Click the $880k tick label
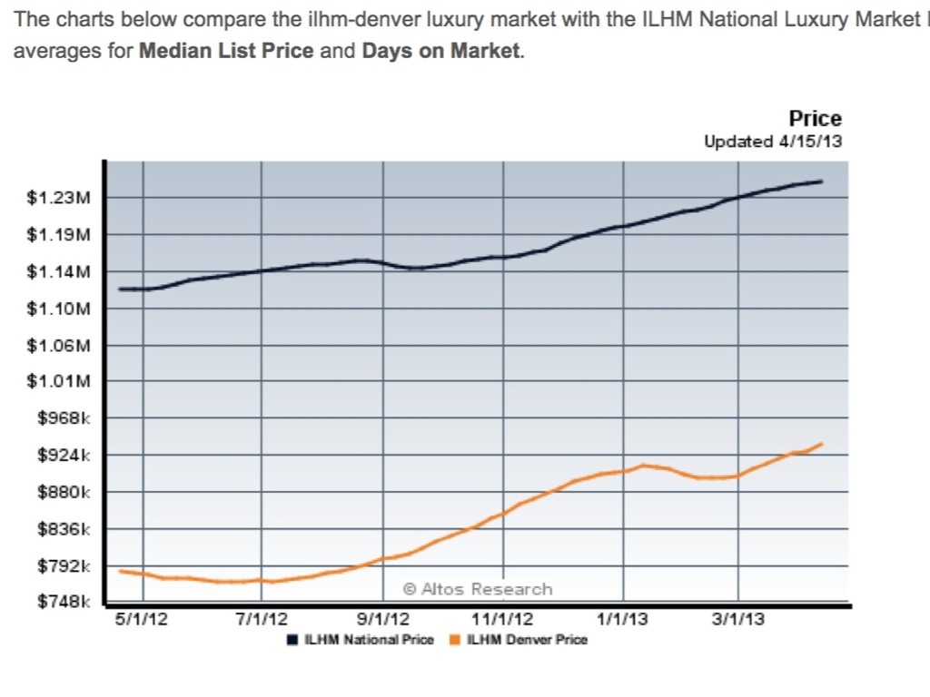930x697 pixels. tap(62, 493)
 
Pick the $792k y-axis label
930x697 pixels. tap(62, 566)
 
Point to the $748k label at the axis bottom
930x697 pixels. tap(62, 602)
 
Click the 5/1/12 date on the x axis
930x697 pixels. tap(143, 620)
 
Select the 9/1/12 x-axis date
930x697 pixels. tap(382, 620)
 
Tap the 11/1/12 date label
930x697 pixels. tap(502, 620)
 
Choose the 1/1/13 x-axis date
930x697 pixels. tap(623, 620)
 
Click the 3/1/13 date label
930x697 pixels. tap(737, 620)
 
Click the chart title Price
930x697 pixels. tap(815, 119)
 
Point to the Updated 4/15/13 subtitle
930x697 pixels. tap(773, 142)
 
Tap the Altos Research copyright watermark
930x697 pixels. tap(478, 589)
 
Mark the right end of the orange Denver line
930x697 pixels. tap(822, 444)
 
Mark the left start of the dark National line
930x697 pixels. tap(120, 289)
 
